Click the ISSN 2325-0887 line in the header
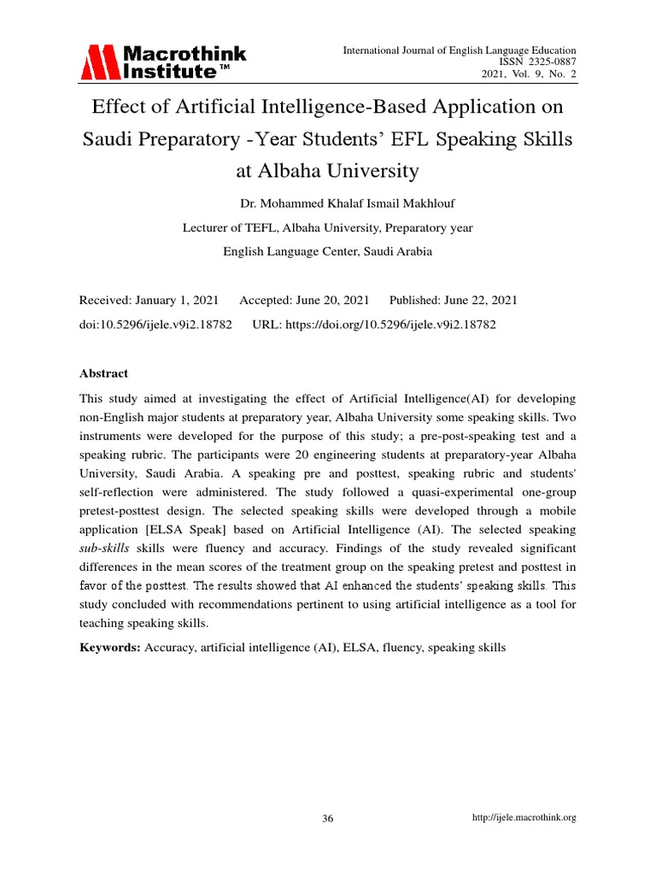pos(542,62)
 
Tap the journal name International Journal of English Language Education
pos(460,50)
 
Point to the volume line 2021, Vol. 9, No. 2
pos(530,74)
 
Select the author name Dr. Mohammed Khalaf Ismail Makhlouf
pos(327,204)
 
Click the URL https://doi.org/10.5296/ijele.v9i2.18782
pos(374,325)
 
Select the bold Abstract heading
pos(103,373)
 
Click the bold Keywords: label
pos(110,648)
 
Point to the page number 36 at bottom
pos(328,819)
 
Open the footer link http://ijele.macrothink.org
pos(524,818)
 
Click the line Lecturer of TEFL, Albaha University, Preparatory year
pos(328,228)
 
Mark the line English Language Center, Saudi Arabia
pos(328,251)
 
